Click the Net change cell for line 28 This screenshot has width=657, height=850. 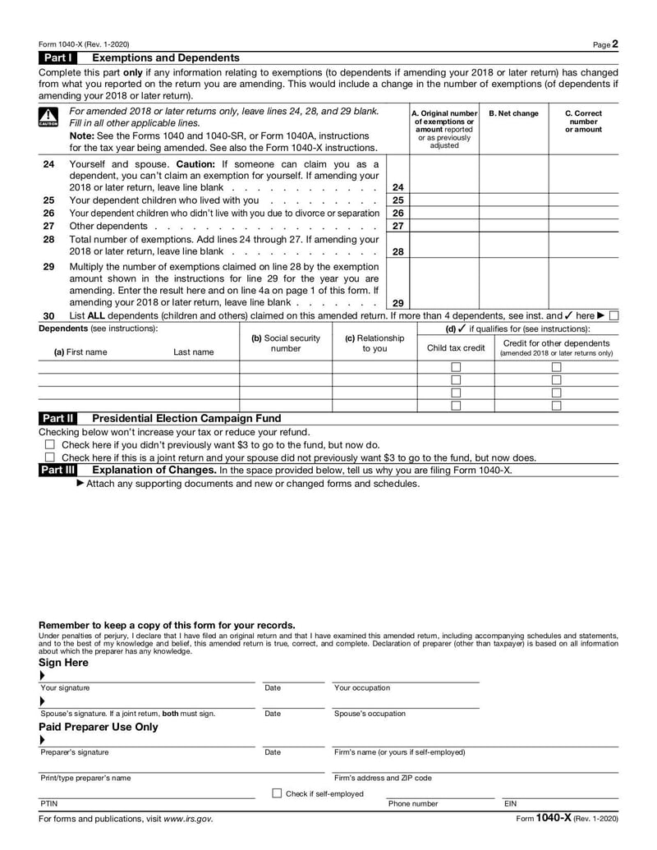[x=513, y=245]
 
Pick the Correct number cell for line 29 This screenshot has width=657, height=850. [x=583, y=284]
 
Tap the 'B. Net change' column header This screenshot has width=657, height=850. [x=513, y=113]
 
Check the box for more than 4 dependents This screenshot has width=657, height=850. [x=614, y=315]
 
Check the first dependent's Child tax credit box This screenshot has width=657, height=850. [x=456, y=367]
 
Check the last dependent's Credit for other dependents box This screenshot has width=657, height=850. [x=556, y=405]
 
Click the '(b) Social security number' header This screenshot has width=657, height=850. [x=285, y=343]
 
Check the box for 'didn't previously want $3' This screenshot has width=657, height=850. [x=49, y=444]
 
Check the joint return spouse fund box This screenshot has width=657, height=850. [x=49, y=457]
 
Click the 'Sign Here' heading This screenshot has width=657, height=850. [x=63, y=662]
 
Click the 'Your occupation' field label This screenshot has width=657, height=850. [x=362, y=688]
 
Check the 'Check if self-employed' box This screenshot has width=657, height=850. [x=277, y=793]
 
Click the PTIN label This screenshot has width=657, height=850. [x=48, y=804]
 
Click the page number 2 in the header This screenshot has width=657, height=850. [x=615, y=44]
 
